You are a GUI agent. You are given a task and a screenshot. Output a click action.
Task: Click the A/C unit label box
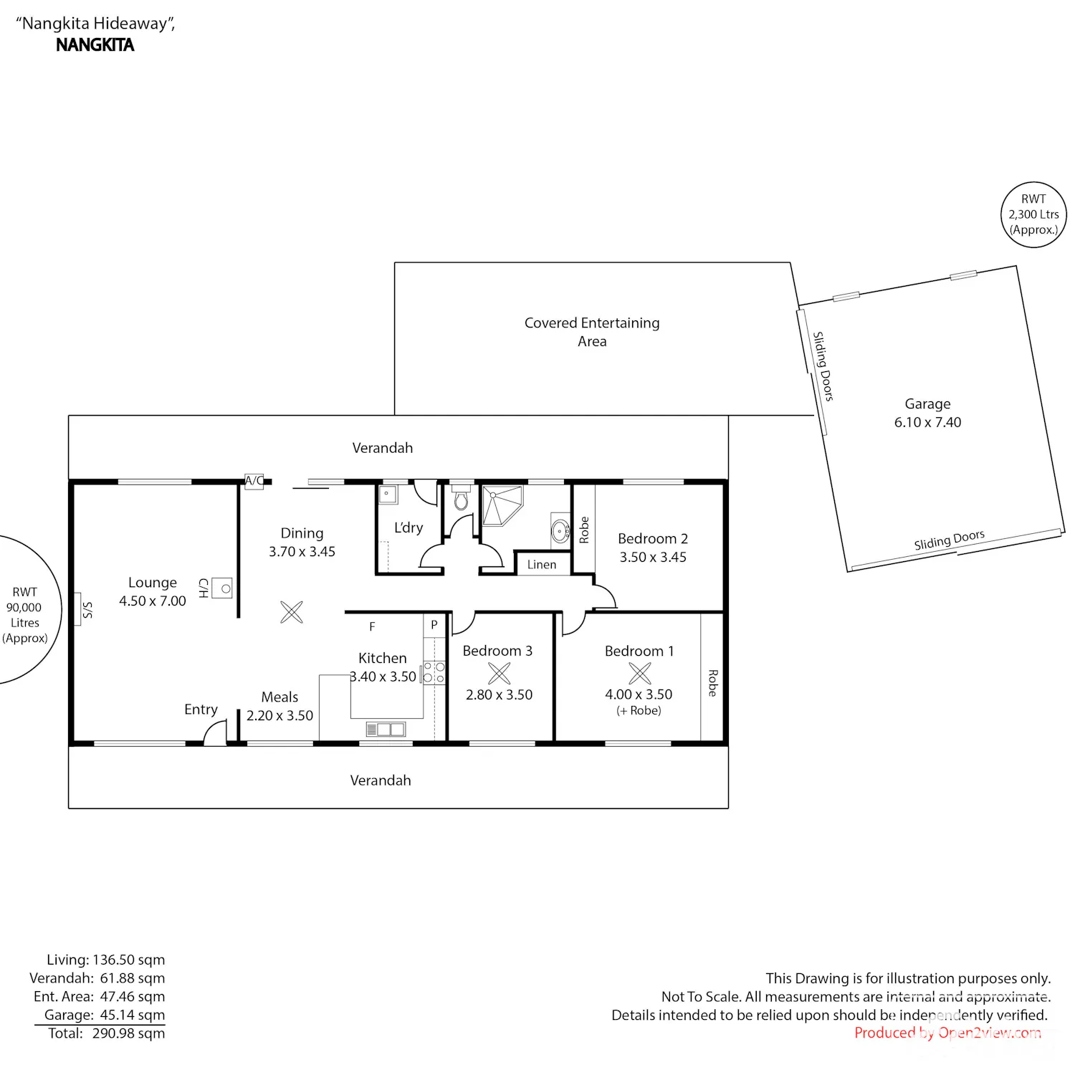pyautogui.click(x=254, y=481)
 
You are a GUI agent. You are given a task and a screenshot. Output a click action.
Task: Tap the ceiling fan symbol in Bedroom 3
pyautogui.click(x=500, y=673)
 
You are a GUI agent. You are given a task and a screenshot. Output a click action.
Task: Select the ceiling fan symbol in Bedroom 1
pyautogui.click(x=640, y=673)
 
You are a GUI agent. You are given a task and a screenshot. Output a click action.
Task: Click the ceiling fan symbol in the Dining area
pyautogui.click(x=292, y=612)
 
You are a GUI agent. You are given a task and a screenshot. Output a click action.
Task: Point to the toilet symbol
pyautogui.click(x=462, y=498)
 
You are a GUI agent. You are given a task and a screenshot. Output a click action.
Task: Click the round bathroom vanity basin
pyautogui.click(x=560, y=531)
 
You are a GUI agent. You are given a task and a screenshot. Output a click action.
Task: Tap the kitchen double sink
pyautogui.click(x=386, y=730)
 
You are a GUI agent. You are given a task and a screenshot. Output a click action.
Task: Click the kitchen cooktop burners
pyautogui.click(x=434, y=672)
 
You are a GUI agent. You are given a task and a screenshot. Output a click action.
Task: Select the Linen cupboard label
pyautogui.click(x=542, y=565)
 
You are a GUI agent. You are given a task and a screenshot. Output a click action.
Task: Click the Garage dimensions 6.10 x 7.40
pyautogui.click(x=927, y=422)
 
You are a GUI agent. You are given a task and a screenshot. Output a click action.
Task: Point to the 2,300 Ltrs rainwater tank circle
pyautogui.click(x=1033, y=215)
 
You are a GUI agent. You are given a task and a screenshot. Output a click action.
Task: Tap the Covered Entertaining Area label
pyautogui.click(x=592, y=332)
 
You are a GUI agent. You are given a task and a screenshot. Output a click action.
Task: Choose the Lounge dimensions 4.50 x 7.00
pyautogui.click(x=153, y=601)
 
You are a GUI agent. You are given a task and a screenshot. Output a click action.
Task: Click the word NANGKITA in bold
pyautogui.click(x=95, y=45)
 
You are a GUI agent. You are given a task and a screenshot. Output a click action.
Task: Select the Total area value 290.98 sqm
pyautogui.click(x=128, y=1033)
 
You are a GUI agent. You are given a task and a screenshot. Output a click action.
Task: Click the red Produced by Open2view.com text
pyautogui.click(x=947, y=1033)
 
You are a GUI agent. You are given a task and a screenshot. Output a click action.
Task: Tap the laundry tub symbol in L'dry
pyautogui.click(x=388, y=494)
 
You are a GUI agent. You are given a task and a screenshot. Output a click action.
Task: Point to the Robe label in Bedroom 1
pyautogui.click(x=712, y=683)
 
